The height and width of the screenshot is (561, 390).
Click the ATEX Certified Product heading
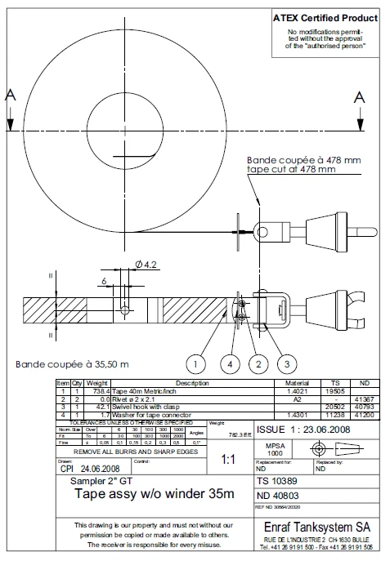325,17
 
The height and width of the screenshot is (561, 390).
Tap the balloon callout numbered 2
258,362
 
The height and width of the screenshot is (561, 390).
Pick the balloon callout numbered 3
287,362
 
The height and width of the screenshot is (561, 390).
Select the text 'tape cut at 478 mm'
292,170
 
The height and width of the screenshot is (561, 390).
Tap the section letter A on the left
10,96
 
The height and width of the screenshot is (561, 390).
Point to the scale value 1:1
230,460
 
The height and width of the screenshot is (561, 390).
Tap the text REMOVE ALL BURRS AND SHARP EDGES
136,451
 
